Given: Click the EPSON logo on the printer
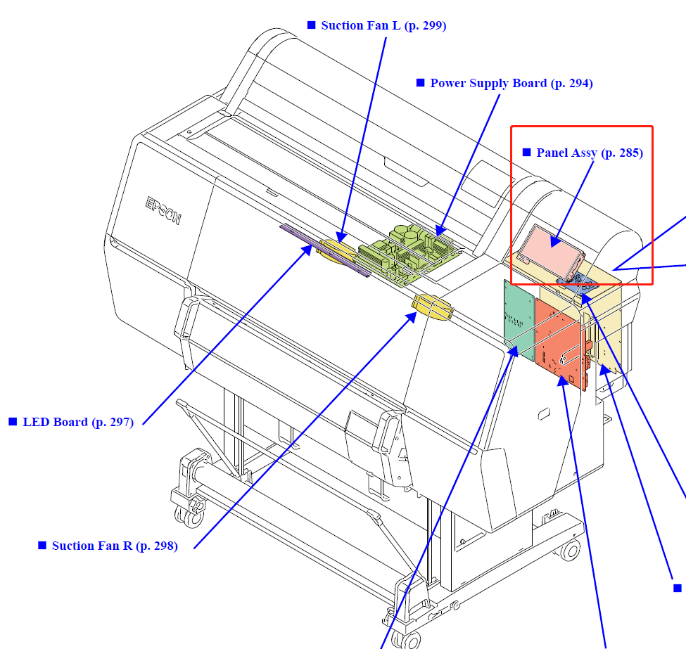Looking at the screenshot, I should [163, 210].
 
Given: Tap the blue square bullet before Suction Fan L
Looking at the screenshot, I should [312, 25].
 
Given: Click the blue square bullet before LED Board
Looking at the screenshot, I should [13, 422].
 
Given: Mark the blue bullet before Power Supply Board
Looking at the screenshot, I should [421, 83].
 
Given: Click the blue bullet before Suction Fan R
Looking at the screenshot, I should [42, 545].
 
